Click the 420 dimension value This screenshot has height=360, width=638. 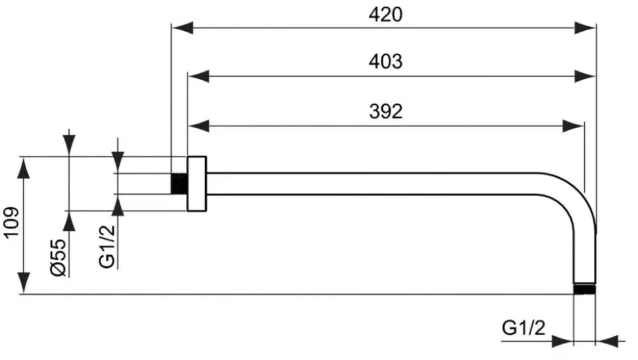(385, 14)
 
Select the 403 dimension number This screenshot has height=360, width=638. (385, 61)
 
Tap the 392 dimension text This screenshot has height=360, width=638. (385, 111)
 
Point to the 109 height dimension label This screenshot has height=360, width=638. (11, 222)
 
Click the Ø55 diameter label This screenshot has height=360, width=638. (59, 258)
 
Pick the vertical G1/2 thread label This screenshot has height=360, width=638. (107, 246)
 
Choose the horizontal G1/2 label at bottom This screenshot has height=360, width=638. (524, 327)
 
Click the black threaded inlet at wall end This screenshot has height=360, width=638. (179, 183)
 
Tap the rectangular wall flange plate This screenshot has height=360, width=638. (197, 184)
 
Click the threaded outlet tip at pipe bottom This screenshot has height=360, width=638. (584, 289)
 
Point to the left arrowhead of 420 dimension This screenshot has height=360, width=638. (182, 28)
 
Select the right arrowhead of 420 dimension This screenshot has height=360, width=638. (585, 28)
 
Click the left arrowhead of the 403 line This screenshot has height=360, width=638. (198, 76)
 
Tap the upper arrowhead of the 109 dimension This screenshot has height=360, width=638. (24, 167)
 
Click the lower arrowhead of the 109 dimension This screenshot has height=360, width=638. (24, 282)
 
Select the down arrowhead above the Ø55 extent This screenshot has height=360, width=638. (70, 145)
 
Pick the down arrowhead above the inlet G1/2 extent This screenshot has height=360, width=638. (118, 163)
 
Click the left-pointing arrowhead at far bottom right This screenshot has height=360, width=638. (606, 342)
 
